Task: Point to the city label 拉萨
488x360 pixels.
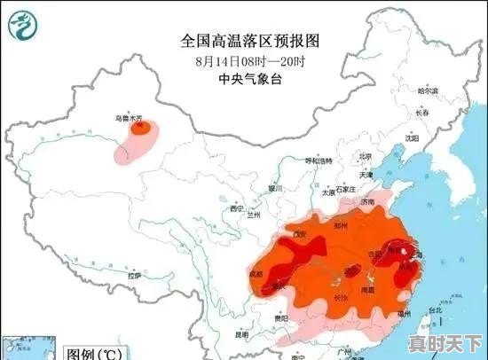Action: point(133,277)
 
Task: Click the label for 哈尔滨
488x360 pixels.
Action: point(428,90)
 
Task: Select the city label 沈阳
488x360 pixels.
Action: point(411,138)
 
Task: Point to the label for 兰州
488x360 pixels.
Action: point(255,214)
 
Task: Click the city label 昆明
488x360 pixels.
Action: point(241,336)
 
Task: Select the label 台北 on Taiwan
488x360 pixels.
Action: point(435,310)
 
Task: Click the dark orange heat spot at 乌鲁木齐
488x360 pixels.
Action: point(139,129)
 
